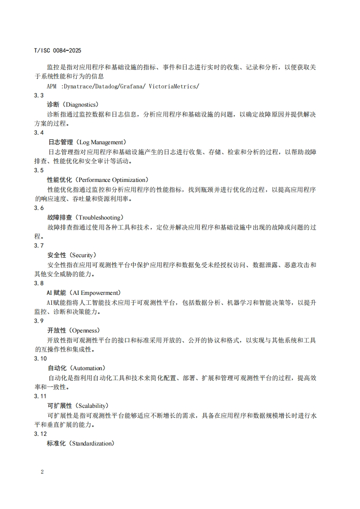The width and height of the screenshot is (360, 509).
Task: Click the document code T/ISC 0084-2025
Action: tap(57, 50)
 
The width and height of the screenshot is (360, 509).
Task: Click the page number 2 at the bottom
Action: tap(42, 472)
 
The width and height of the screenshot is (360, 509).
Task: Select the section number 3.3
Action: tap(39, 95)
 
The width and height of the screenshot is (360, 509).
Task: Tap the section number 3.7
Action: tap(39, 245)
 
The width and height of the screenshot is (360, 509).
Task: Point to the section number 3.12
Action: tap(40, 434)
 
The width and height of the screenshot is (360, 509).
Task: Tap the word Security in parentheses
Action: tap(84, 255)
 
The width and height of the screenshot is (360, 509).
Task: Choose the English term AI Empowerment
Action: tap(96, 293)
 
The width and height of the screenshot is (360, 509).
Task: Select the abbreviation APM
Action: tap(52, 86)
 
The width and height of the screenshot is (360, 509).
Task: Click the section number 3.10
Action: tap(40, 358)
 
